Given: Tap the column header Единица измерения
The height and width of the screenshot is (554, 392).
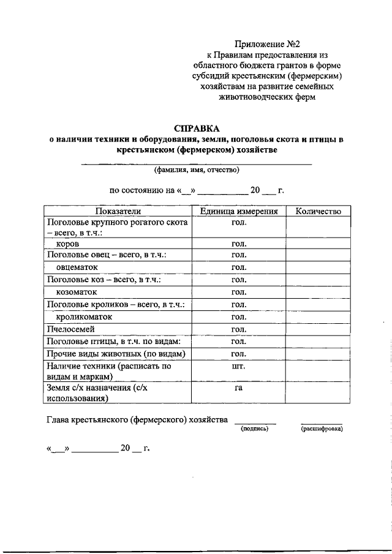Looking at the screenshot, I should (x=239, y=211).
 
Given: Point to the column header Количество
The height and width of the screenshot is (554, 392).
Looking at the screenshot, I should (x=318, y=211).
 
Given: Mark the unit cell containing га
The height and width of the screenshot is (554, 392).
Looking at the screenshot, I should (x=239, y=388).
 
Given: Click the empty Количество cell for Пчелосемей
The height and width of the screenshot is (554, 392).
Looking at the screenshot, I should (x=318, y=329).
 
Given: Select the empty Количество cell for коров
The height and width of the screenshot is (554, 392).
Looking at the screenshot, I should (x=318, y=244).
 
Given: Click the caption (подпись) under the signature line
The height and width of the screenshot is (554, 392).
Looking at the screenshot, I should (x=255, y=429).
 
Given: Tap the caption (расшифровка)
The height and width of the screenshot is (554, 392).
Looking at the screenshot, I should (x=322, y=429).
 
